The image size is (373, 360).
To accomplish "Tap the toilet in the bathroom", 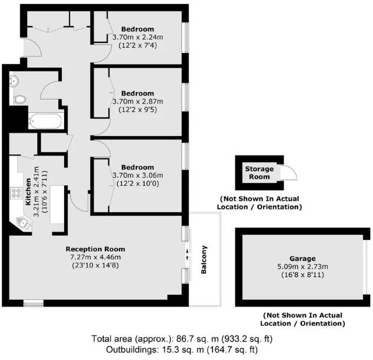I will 19,99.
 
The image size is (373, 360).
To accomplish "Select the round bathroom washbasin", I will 14,81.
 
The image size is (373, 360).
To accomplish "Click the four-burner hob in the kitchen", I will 16,192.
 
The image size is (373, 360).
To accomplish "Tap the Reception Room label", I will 95,249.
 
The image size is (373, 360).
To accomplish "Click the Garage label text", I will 302,258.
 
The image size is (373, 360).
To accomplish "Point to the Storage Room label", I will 259,173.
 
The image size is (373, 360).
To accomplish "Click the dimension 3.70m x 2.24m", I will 138,37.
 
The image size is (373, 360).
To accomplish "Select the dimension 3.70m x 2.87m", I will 138,101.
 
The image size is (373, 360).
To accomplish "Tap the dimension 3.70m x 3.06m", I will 138,175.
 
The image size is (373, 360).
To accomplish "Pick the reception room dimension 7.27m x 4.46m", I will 95,256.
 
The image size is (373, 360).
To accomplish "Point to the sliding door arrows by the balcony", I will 188,255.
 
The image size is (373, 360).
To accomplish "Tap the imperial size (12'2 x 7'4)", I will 138,45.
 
